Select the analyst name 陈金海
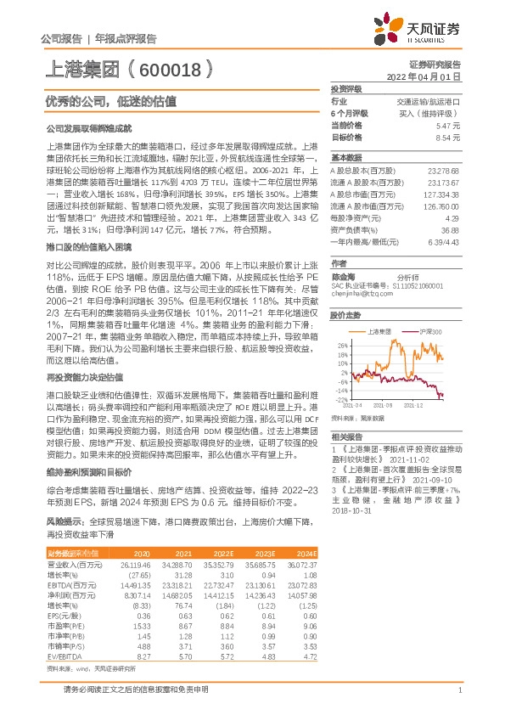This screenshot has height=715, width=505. tap(343, 279)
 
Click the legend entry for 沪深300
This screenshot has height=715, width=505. tap(432, 329)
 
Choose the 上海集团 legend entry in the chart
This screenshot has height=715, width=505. tap(388, 329)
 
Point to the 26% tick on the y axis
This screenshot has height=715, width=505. tap(342, 346)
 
